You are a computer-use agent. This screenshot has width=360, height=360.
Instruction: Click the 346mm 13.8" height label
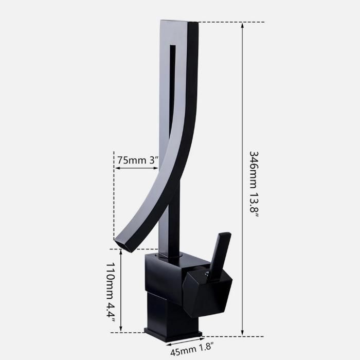[254, 184]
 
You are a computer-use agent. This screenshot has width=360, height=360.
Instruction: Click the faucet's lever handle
[220, 253]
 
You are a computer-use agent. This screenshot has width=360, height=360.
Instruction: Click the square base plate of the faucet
[173, 335]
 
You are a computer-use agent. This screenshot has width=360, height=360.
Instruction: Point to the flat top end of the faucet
[179, 21]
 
